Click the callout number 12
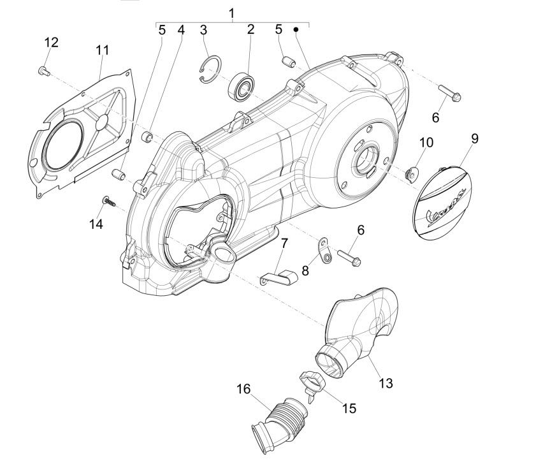click(x=51, y=43)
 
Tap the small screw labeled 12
click(x=43, y=71)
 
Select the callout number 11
click(x=103, y=50)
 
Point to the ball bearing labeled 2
click(x=241, y=86)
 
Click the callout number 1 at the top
click(x=231, y=13)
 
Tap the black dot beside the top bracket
click(x=296, y=29)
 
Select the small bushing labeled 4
click(x=147, y=136)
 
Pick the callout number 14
click(x=96, y=223)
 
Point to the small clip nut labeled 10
click(x=411, y=173)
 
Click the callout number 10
click(x=426, y=142)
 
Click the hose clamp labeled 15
click(x=312, y=384)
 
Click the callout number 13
click(x=386, y=383)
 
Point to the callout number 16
click(x=244, y=389)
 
